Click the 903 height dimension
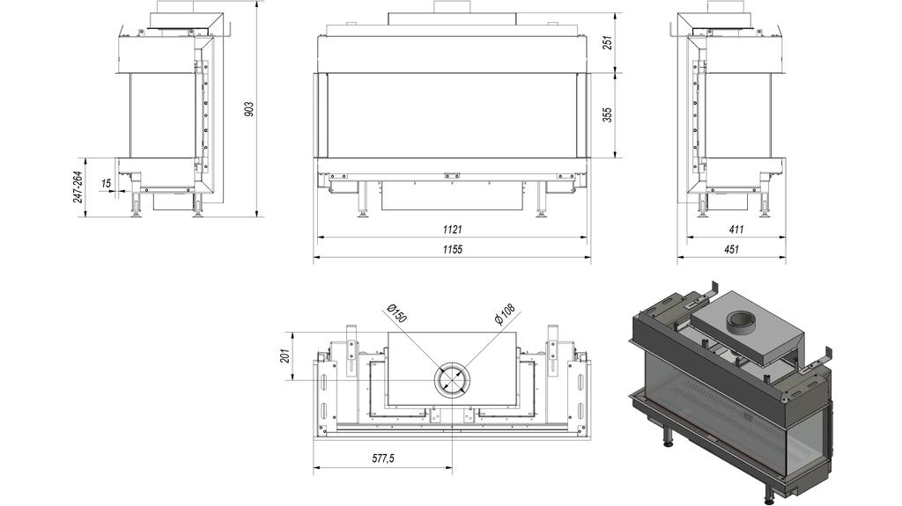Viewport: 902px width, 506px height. pyautogui.click(x=248, y=109)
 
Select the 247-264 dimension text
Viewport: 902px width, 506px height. pyautogui.click(x=78, y=187)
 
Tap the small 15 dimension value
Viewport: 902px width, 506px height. pyautogui.click(x=106, y=183)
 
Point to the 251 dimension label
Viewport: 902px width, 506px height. pyautogui.click(x=608, y=42)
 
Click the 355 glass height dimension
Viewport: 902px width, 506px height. pyautogui.click(x=608, y=114)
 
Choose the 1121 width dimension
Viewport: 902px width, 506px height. pyautogui.click(x=452, y=230)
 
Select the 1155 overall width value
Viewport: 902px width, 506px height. pyautogui.click(x=452, y=249)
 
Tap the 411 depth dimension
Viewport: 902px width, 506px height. pyautogui.click(x=736, y=230)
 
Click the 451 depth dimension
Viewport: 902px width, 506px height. pyautogui.click(x=731, y=249)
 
